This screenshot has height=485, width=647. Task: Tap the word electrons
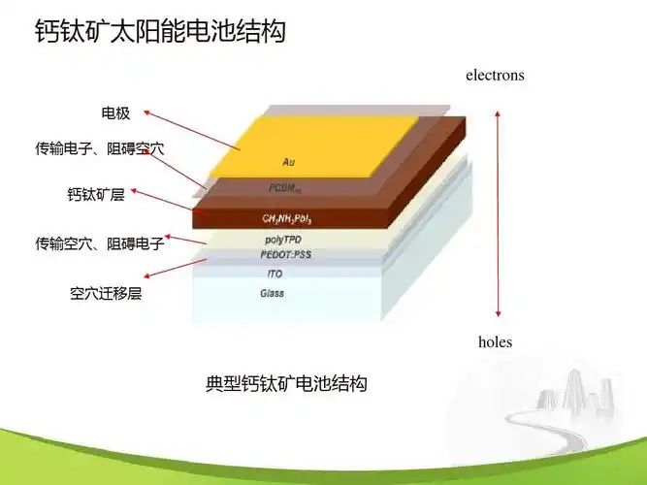pyautogui.click(x=495, y=75)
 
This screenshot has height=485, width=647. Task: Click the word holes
pyautogui.click(x=495, y=341)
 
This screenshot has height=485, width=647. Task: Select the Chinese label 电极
pyautogui.click(x=115, y=114)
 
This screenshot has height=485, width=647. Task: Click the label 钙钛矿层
pyautogui.click(x=96, y=195)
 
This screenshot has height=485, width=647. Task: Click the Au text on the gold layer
pyautogui.click(x=288, y=162)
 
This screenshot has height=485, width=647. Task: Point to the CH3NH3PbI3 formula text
pyautogui.click(x=287, y=218)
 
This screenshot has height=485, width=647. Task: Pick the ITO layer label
pyautogui.click(x=275, y=275)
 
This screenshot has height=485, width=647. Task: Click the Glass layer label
pyautogui.click(x=273, y=293)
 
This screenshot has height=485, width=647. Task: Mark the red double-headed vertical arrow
pyautogui.click(x=498, y=214)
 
